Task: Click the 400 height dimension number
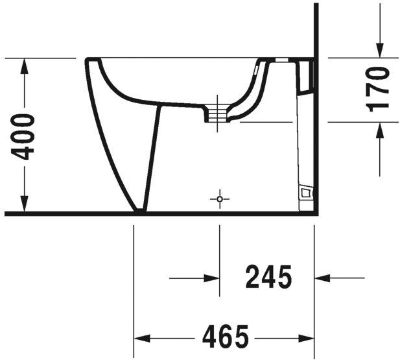24,136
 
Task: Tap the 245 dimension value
268,278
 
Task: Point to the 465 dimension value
225,337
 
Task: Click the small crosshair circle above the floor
220,198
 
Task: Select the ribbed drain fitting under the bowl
219,113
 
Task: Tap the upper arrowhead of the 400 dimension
24,66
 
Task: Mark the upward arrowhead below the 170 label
379,130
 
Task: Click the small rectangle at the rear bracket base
305,192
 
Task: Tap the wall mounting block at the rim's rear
305,75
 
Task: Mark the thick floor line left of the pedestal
65,213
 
